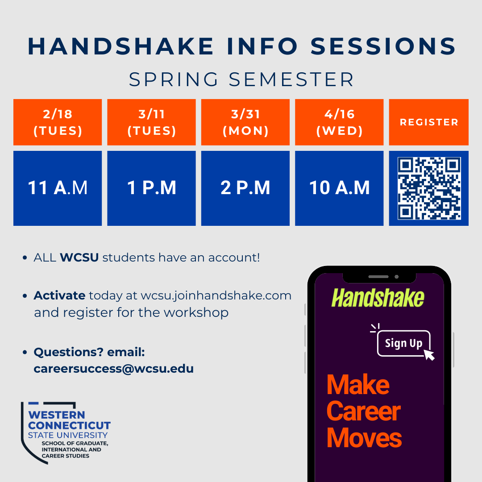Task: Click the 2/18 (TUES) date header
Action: click(58, 122)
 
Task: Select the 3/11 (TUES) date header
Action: click(151, 122)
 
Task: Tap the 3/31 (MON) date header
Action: click(245, 122)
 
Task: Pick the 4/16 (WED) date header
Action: click(339, 122)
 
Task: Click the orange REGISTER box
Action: click(429, 122)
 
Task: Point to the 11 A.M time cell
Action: click(58, 188)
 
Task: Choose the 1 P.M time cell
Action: click(151, 188)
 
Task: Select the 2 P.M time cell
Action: click(245, 188)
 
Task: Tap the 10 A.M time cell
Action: click(339, 188)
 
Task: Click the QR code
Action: click(429, 188)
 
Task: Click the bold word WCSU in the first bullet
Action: click(79, 258)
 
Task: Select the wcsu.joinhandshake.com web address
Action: click(216, 295)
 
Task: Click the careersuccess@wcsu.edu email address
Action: click(114, 369)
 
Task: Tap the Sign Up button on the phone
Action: click(403, 343)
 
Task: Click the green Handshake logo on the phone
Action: click(378, 298)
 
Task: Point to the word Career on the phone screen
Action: click(364, 411)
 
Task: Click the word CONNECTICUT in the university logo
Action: click(69, 425)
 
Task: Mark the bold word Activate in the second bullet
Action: click(59, 295)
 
